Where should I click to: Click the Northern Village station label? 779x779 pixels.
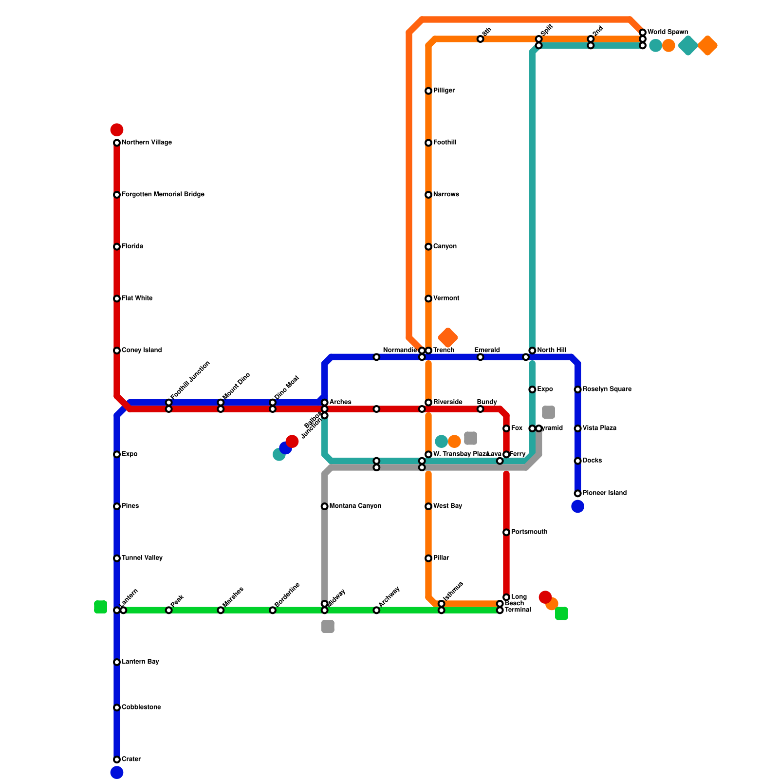146,143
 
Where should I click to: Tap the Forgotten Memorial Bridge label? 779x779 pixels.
163,195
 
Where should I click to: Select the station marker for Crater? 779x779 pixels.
117,760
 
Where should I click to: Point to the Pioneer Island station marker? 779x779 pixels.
578,493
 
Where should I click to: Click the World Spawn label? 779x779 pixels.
668,32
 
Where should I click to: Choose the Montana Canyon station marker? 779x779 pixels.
325,506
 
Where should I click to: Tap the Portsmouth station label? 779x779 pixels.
529,532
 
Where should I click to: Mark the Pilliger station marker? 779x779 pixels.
428,91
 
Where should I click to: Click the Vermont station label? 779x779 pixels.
446,298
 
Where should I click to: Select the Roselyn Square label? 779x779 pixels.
607,389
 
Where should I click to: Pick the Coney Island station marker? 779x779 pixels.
117,351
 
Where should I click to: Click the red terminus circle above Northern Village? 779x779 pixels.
117,130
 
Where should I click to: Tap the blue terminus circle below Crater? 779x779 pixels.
117,773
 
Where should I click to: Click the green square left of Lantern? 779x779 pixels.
100,607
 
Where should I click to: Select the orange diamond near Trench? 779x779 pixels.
448,337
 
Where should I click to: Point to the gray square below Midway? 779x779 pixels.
328,627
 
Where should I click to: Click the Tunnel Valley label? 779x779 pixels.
142,558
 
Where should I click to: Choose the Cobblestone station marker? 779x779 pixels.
117,707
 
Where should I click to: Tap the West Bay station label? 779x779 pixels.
447,506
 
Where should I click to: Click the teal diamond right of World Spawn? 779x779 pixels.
688,46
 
